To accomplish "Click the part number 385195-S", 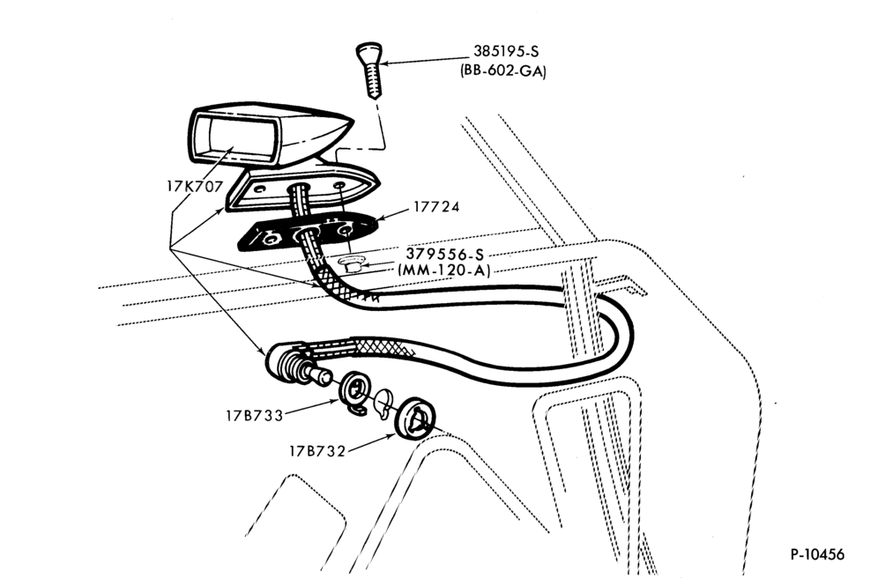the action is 506,51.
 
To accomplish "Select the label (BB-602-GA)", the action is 502,71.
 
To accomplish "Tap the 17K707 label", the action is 195,186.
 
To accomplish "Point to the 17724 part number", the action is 436,206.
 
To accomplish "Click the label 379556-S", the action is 445,255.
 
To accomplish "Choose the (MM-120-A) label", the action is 444,270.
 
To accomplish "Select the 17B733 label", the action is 255,415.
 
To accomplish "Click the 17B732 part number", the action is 317,451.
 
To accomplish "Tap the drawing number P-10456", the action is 817,554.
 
